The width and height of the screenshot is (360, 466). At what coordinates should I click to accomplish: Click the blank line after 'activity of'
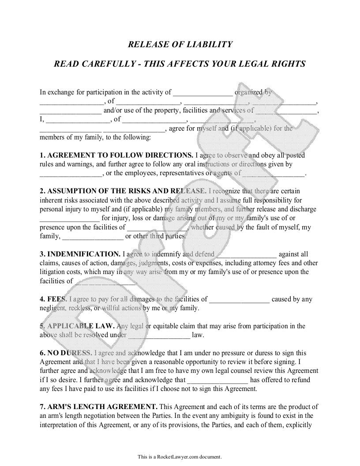[x=202, y=93]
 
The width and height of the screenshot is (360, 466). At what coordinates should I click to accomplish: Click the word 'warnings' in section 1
[x=80, y=164]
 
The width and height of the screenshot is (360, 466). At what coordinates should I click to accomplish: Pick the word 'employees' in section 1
[x=135, y=173]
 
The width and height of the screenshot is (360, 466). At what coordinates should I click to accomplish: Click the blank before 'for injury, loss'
[x=70, y=218]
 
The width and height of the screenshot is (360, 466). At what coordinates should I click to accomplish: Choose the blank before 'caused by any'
[x=239, y=299]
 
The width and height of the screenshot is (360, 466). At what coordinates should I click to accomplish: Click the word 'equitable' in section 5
[x=167, y=326]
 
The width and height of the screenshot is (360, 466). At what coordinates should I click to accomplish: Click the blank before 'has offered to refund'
[x=218, y=380]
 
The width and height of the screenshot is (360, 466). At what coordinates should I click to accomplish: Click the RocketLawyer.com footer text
[x=180, y=457]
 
